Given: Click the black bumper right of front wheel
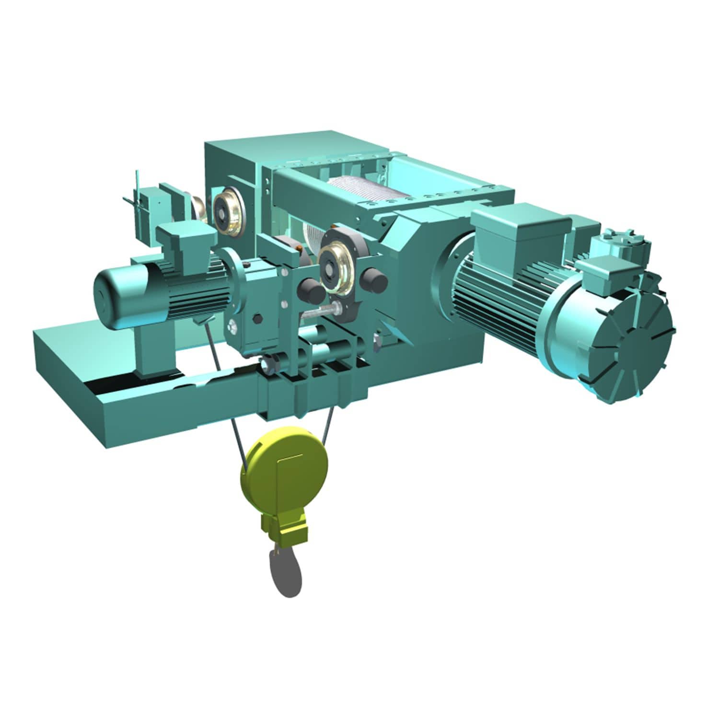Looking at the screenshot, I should pos(374,280).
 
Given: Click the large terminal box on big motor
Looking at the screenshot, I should pos(520,225).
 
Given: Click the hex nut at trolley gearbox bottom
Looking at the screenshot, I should pos(269,366).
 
